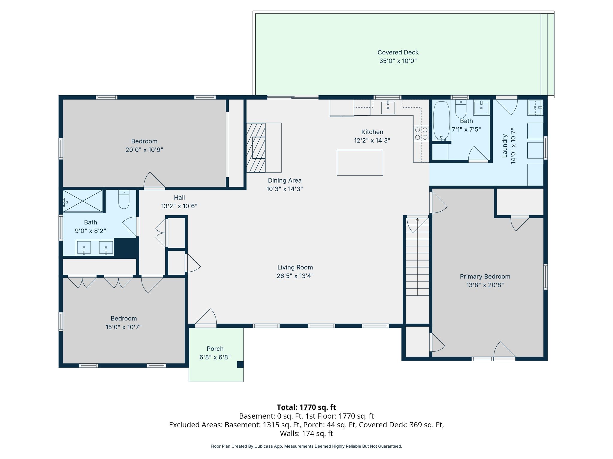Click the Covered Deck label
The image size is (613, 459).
(x=398, y=53)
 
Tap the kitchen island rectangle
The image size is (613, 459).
(x=360, y=163)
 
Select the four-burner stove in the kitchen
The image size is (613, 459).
(x=421, y=134)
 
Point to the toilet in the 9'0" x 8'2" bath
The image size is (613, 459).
(x=124, y=199)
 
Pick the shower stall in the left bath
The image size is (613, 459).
(x=83, y=201)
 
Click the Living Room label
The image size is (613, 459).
(x=295, y=267)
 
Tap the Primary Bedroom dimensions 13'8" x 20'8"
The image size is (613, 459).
(x=485, y=285)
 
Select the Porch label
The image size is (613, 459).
(x=215, y=349)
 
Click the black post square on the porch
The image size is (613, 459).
(x=240, y=365)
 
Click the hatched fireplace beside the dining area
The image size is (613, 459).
(x=256, y=148)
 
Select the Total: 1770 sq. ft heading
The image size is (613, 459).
(x=306, y=407)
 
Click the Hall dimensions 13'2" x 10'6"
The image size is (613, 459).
(x=179, y=206)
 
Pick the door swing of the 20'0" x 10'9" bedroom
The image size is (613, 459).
(x=154, y=180)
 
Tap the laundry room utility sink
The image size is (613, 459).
(x=535, y=108)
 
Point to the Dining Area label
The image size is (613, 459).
(x=285, y=180)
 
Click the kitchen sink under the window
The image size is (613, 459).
(x=388, y=108)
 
